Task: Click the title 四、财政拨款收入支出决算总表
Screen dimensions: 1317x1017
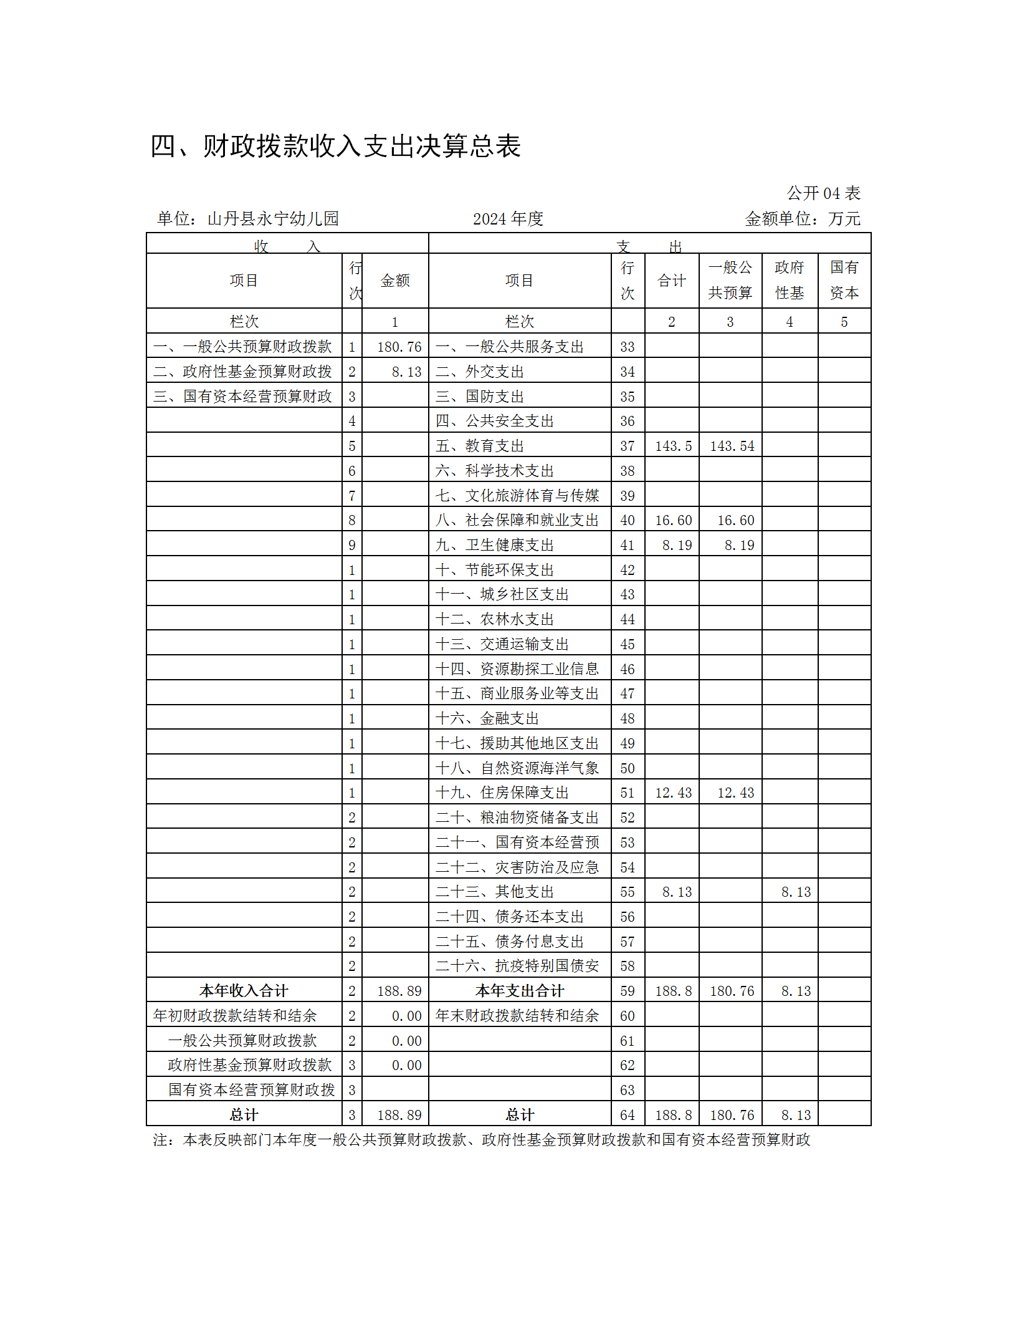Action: tap(335, 147)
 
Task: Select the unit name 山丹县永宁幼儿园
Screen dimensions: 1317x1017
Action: tap(273, 219)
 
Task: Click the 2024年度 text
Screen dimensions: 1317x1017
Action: tap(508, 219)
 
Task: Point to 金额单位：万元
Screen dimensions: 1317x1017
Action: tap(803, 219)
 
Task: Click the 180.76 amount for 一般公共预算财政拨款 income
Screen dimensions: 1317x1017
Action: tap(399, 347)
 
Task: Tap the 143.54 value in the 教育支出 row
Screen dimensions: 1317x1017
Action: tap(732, 446)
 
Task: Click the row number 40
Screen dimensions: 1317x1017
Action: tap(627, 520)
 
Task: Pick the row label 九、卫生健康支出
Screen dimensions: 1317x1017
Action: tap(494, 545)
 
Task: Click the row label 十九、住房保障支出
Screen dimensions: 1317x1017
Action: tap(502, 793)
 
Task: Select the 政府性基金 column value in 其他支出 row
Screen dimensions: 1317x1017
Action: tap(796, 892)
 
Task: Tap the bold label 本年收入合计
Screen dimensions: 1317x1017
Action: tap(244, 991)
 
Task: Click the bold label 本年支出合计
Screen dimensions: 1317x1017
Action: tap(519, 991)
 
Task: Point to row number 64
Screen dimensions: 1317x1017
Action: tap(627, 1115)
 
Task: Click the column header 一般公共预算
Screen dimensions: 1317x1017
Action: tap(730, 280)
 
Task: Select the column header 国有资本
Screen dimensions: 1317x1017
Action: tap(844, 280)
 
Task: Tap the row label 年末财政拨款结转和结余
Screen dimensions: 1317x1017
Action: tap(517, 1016)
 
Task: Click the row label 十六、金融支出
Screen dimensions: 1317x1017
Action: tap(487, 718)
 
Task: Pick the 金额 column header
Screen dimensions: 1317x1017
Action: tap(395, 281)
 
